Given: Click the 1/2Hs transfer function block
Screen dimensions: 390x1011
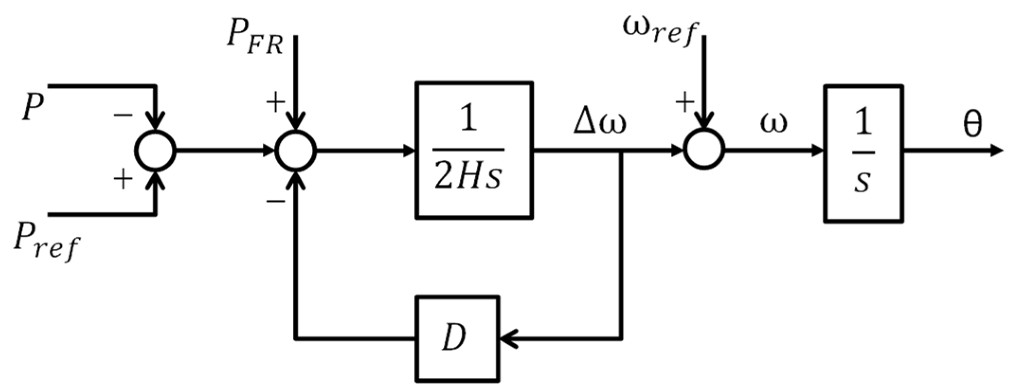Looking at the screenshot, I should coord(474,150).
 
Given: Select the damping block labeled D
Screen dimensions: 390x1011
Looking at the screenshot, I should coord(457,338).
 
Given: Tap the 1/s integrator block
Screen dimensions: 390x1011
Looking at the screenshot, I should coord(863,153).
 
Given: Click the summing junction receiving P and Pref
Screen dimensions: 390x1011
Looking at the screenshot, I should coord(155,151).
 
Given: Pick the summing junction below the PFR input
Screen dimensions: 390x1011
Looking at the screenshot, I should coord(296,151).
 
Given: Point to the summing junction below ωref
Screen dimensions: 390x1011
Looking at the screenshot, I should coord(704,150).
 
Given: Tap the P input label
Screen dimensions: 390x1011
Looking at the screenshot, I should coord(32,107).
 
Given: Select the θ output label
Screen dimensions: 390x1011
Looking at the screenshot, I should coord(973,124).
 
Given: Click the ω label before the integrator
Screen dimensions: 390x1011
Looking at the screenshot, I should coord(774,122).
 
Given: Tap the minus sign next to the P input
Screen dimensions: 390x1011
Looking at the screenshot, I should coord(123,115).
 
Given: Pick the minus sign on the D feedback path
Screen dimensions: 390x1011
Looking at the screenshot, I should coord(276,201).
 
